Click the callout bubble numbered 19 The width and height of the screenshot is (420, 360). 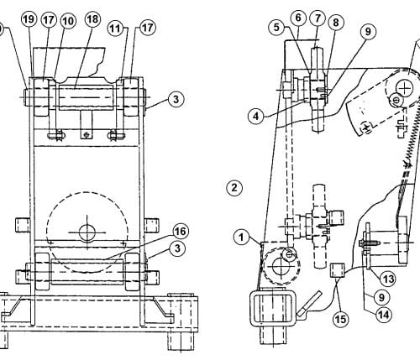(x=29, y=19)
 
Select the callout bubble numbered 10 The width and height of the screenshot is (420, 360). (x=68, y=21)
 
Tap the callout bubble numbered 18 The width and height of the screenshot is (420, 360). (x=92, y=19)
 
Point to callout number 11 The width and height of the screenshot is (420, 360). (x=115, y=29)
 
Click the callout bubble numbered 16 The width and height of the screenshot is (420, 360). (x=181, y=232)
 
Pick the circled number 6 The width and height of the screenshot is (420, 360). (x=298, y=18)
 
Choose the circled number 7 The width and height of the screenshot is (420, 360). (x=318, y=18)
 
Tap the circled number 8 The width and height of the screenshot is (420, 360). (x=336, y=23)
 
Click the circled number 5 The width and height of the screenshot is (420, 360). (x=276, y=27)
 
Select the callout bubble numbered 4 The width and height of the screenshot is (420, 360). (x=256, y=116)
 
